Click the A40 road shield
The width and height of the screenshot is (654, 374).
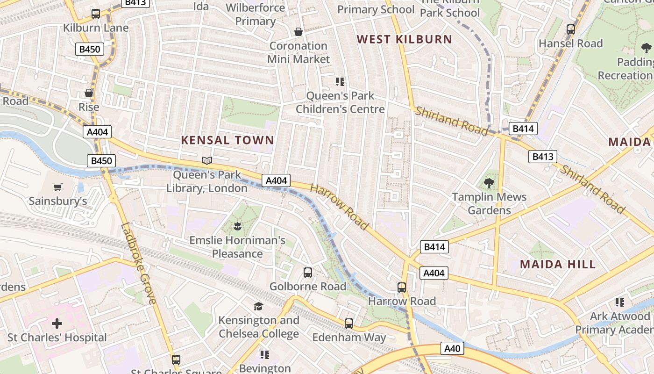click(452, 348)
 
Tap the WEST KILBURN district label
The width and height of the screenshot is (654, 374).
click(405, 39)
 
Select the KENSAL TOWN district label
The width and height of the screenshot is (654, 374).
click(227, 140)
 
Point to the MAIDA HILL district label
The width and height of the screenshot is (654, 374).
click(558, 264)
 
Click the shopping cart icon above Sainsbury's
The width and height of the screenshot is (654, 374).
click(58, 187)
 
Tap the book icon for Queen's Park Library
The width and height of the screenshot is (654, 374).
click(207, 161)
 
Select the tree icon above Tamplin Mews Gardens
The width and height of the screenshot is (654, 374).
click(489, 183)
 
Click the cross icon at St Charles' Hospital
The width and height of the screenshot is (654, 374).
click(57, 323)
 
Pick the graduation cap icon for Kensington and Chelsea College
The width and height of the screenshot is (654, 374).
click(258, 306)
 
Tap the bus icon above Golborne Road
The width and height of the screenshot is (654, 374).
click(308, 272)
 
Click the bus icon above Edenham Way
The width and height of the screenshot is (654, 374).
click(349, 323)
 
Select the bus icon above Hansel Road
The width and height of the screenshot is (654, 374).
click(570, 29)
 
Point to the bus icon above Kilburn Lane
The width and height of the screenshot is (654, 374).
click(96, 14)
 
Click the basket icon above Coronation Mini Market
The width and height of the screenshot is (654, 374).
click(299, 32)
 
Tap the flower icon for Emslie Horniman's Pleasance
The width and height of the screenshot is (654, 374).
click(237, 227)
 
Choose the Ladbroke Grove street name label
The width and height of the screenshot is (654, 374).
click(138, 263)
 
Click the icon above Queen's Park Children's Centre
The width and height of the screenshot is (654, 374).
click(340, 82)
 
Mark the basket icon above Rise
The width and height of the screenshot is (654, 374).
click(89, 93)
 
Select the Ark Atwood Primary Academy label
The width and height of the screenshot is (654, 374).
click(614, 323)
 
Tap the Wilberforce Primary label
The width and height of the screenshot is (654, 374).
click(255, 14)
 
